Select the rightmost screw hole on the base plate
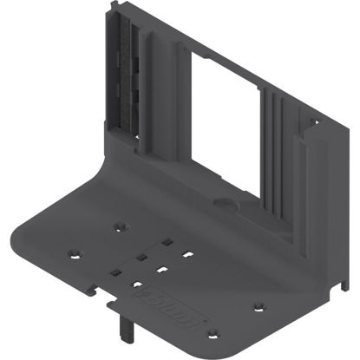(258, 305)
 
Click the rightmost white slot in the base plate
(187, 255)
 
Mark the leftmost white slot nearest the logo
(136, 284)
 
